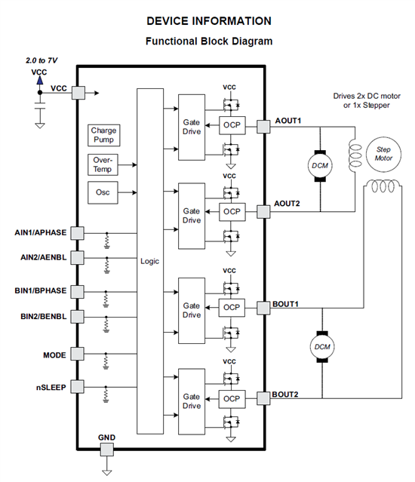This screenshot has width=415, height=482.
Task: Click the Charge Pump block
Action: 103,135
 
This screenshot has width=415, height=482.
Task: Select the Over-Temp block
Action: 103,164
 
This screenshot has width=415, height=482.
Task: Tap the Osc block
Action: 103,192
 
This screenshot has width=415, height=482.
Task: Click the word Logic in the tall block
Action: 149,261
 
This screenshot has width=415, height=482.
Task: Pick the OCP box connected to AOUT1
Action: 232,125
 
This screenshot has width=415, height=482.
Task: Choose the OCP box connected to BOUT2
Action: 232,399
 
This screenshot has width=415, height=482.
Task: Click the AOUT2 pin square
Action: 263,212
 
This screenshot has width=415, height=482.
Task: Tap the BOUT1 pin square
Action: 263,308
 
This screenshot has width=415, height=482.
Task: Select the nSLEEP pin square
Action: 77,387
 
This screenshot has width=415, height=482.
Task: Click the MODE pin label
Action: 54,355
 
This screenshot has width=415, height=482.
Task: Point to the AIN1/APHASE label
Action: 40,232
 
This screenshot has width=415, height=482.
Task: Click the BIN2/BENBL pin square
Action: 77,317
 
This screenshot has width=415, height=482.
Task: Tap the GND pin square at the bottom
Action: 106,450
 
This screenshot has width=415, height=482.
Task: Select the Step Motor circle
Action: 383,154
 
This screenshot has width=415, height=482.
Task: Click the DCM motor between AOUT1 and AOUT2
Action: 320,166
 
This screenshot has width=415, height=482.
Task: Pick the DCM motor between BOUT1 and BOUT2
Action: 322,347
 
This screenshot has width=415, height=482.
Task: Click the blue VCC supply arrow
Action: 40,80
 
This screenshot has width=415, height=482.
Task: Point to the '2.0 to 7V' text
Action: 41,60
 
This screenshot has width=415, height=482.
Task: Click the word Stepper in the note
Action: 376,106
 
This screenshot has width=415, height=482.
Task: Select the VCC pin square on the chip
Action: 78,93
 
